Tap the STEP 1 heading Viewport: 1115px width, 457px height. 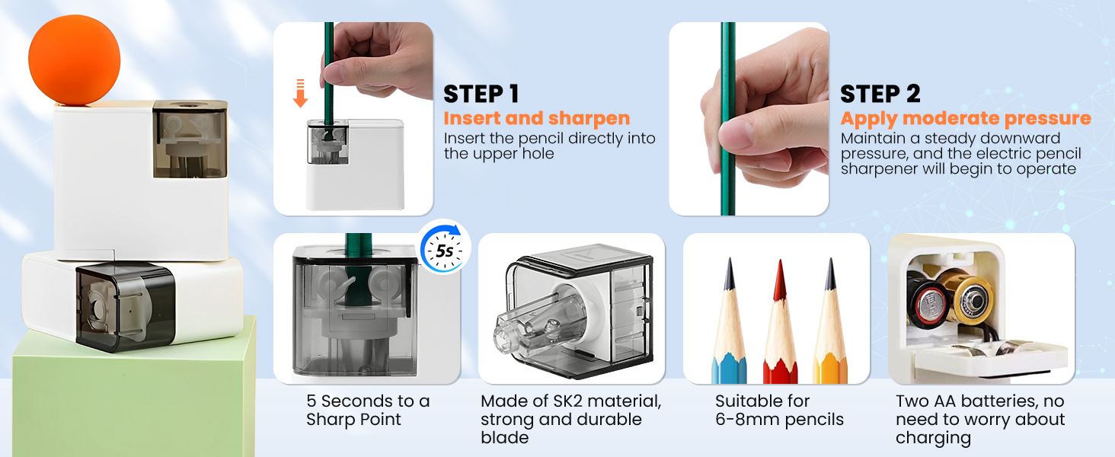tap(481, 94)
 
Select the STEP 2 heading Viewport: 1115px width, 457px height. tap(880, 94)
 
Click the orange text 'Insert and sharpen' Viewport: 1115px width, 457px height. tap(536, 118)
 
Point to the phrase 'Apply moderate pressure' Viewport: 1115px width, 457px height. tap(965, 118)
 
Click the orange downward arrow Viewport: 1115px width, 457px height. tap(300, 94)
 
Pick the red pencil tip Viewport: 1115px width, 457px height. tap(779, 282)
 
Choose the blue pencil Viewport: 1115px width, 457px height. tap(727, 335)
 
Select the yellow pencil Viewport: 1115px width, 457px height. tap(830, 335)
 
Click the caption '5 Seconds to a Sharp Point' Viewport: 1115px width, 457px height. tap(367, 410)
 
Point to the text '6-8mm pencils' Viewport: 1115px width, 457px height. tap(779, 419)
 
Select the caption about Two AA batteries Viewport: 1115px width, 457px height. tap(980, 419)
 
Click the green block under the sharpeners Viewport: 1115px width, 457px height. tap(129, 396)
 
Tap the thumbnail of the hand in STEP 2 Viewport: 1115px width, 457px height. tap(749, 118)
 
